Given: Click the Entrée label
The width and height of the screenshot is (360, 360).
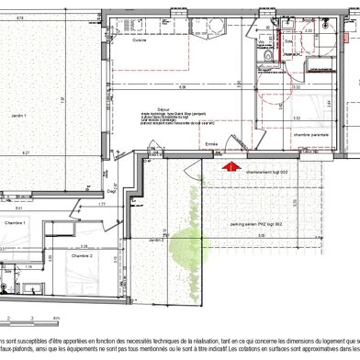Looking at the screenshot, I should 212,143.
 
